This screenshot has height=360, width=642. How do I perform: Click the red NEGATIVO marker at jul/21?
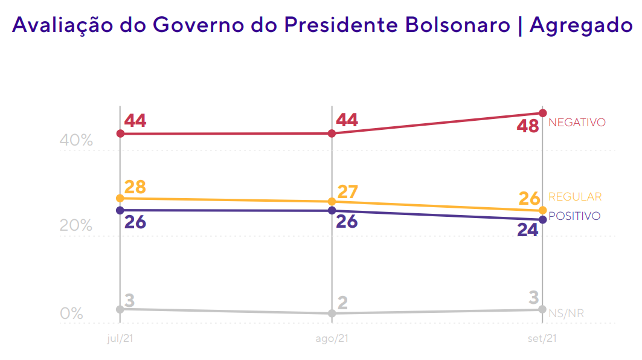tap(120, 133)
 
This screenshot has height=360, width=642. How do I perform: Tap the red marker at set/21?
tap(542, 113)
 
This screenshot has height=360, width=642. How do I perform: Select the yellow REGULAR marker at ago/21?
tap(332, 201)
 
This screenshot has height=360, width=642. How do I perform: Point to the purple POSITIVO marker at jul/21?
tap(120, 210)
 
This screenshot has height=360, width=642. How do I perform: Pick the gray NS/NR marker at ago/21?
tap(332, 313)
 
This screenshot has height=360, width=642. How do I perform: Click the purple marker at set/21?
tap(542, 219)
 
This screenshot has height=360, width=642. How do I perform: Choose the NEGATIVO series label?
tap(576, 123)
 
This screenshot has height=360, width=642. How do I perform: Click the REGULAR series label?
tap(575, 197)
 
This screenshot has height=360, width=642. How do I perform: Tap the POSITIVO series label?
tap(574, 216)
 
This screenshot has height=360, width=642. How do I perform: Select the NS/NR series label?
tap(566, 313)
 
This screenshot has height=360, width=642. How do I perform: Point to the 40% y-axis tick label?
tap(76, 141)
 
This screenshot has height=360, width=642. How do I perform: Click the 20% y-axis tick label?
tap(76, 227)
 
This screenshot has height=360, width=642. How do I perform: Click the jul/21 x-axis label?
tap(120, 338)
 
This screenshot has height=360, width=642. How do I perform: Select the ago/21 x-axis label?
tap(332, 338)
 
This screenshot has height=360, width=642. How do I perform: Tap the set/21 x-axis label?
tap(542, 338)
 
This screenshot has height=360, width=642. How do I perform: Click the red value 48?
tap(527, 127)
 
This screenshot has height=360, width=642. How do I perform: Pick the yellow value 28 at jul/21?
tap(135, 187)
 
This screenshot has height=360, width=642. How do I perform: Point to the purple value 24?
tap(527, 230)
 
